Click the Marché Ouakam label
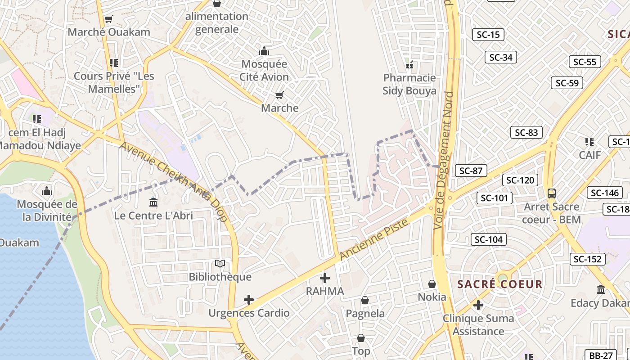pyautogui.click(x=109, y=32)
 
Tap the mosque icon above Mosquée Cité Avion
pyautogui.click(x=264, y=50)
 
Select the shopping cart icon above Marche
pyautogui.click(x=279, y=95)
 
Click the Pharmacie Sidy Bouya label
pyautogui.click(x=409, y=84)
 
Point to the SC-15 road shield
pyautogui.click(x=488, y=35)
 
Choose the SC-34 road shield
pyautogui.click(x=500, y=57)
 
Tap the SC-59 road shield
pyautogui.click(x=567, y=83)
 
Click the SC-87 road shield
pyautogui.click(x=471, y=171)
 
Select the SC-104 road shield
pyautogui.click(x=488, y=239)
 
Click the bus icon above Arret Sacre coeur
pyautogui.click(x=552, y=193)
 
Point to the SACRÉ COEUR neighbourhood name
pyautogui.click(x=500, y=284)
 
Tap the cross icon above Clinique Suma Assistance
pyautogui.click(x=478, y=306)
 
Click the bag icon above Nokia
pyautogui.click(x=432, y=284)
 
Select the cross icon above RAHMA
pyautogui.click(x=324, y=278)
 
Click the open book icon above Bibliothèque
pyautogui.click(x=220, y=264)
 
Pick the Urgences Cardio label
pyautogui.click(x=249, y=313)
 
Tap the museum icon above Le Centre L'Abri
pyautogui.click(x=153, y=202)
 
